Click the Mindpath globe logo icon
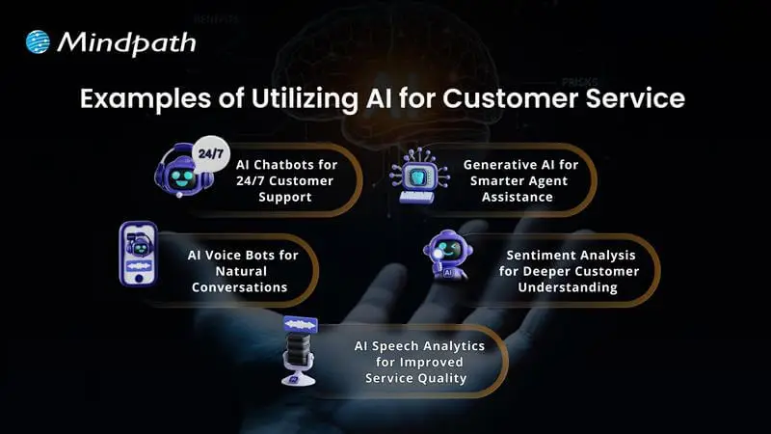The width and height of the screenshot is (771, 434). [x=37, y=41]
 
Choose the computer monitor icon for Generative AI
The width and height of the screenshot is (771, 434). [x=421, y=175]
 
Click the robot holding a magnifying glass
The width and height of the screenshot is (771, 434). [x=447, y=256]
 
